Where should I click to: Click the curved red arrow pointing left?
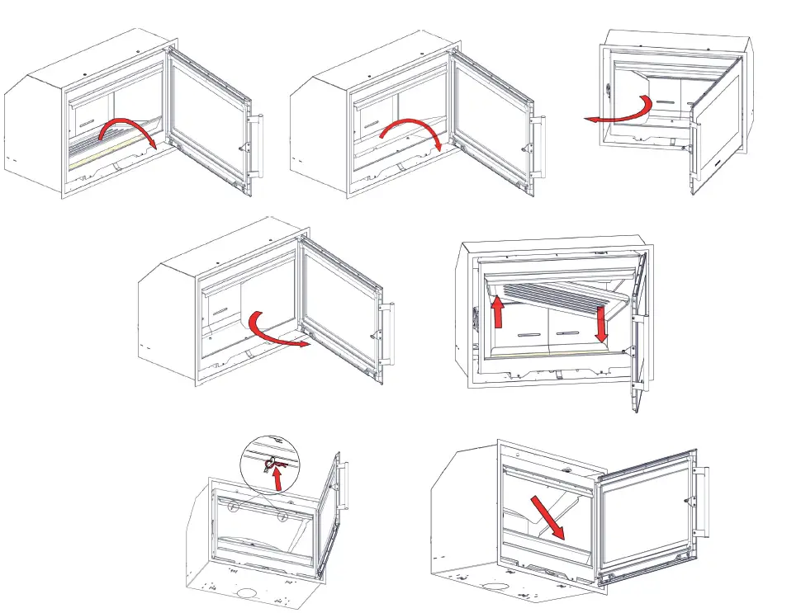pos(619,113)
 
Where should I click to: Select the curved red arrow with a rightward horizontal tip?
pos(277,329)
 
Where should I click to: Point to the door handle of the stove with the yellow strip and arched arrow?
pos(255,146)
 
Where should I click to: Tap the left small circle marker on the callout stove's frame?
pos(235,507)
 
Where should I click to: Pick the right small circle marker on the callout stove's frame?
pos(282,517)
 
